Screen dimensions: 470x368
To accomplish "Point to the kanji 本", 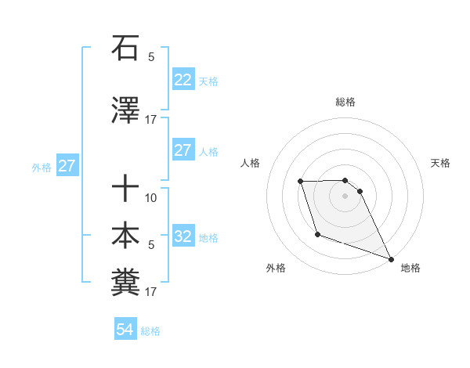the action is click(125, 236).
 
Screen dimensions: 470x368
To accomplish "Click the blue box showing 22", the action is click(183, 80).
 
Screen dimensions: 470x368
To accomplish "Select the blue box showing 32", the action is click(183, 237).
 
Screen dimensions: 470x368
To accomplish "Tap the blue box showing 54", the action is click(125, 330).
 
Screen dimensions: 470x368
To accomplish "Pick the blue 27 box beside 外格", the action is click(67, 166).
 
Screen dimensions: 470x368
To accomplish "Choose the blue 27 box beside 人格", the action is click(183, 150).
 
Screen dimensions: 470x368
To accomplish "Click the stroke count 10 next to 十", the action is click(151, 198).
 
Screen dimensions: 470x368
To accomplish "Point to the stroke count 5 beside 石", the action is click(151, 57).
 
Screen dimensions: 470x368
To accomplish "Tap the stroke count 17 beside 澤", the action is click(151, 120).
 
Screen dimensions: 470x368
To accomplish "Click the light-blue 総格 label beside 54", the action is click(150, 331).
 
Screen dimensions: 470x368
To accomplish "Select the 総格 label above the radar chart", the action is click(345, 102).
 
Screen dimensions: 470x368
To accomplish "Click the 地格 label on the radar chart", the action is click(410, 268).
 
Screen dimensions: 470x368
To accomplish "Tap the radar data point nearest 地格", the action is click(391, 258).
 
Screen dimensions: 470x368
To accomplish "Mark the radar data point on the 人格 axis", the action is click(301, 182).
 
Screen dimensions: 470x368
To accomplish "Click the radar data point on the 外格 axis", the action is click(317, 234).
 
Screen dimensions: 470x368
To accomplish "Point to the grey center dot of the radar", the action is click(345, 196).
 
